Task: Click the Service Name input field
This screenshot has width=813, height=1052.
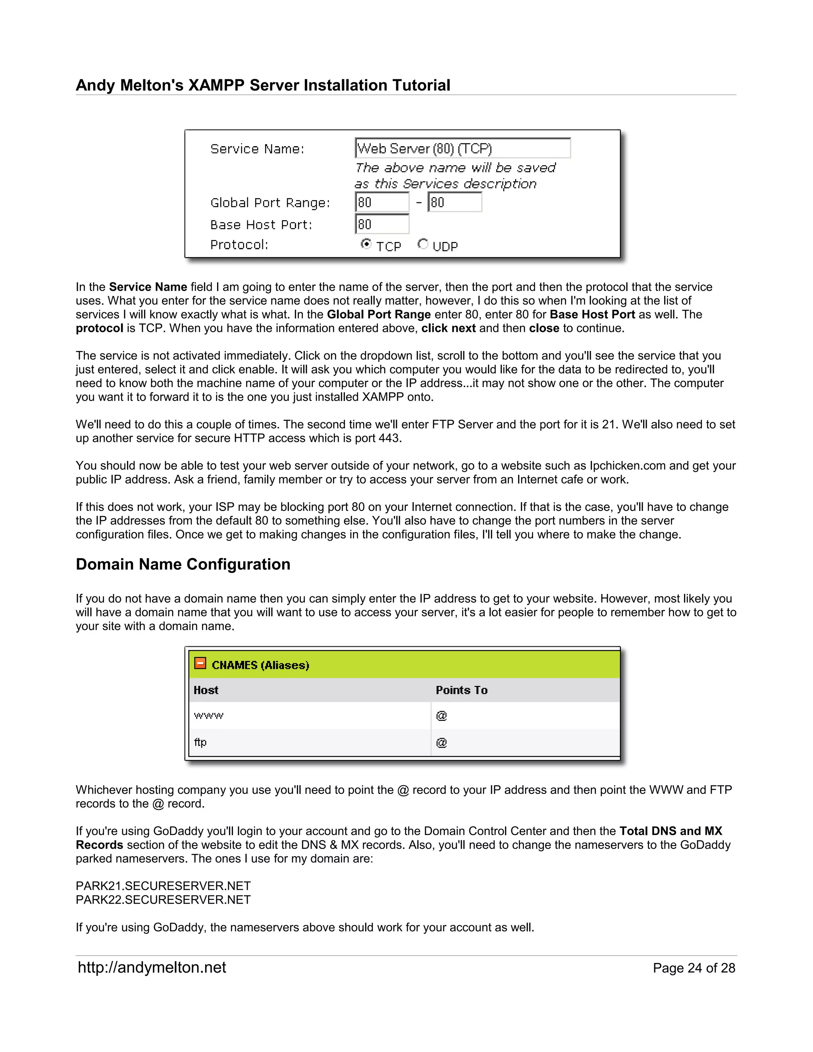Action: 462,148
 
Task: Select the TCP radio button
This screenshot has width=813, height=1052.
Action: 366,244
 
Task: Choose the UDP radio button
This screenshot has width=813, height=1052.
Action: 422,244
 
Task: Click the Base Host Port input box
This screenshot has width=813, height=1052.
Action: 382,224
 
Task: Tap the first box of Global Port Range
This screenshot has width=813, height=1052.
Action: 382,202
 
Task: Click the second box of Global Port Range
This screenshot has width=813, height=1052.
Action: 455,202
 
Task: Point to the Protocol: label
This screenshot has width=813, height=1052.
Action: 239,245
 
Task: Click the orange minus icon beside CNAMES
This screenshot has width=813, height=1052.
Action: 200,663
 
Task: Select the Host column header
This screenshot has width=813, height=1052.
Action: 206,690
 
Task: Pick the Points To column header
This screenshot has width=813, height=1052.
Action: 461,690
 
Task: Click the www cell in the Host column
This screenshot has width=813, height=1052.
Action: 208,715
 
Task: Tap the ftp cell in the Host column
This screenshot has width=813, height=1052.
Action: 200,742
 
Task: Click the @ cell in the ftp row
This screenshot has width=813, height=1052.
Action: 441,742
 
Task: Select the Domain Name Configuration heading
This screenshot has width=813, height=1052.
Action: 183,564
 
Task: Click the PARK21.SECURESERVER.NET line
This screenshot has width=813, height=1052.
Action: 163,886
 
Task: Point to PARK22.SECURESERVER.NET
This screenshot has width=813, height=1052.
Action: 163,899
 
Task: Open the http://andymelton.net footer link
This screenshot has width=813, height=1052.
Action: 152,967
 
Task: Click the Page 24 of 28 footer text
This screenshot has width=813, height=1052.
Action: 694,968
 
